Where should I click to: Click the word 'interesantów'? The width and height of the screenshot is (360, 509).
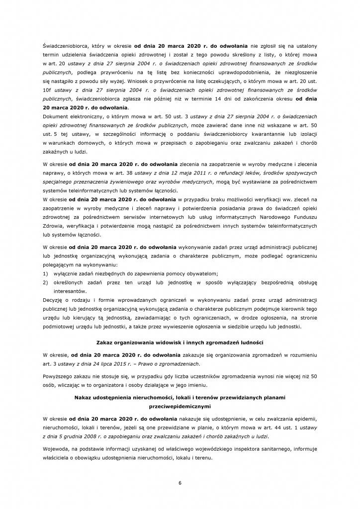tap(71, 291)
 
